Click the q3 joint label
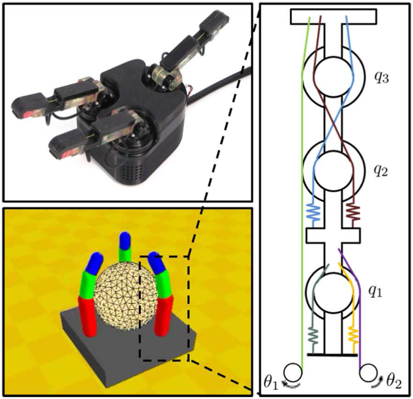pyautogui.click(x=381, y=78)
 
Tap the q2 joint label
pyautogui.click(x=381, y=171)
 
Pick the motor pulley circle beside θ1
pyautogui.click(x=293, y=373)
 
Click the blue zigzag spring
pyautogui.click(x=313, y=212)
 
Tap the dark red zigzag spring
pyautogui.click(x=353, y=212)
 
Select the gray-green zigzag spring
pyautogui.click(x=313, y=336)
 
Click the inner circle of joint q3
pyautogui.click(x=334, y=76)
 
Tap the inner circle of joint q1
pyautogui.click(x=334, y=292)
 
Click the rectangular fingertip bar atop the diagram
pyautogui.click(x=334, y=17)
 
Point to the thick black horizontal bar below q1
pyautogui.click(x=333, y=355)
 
